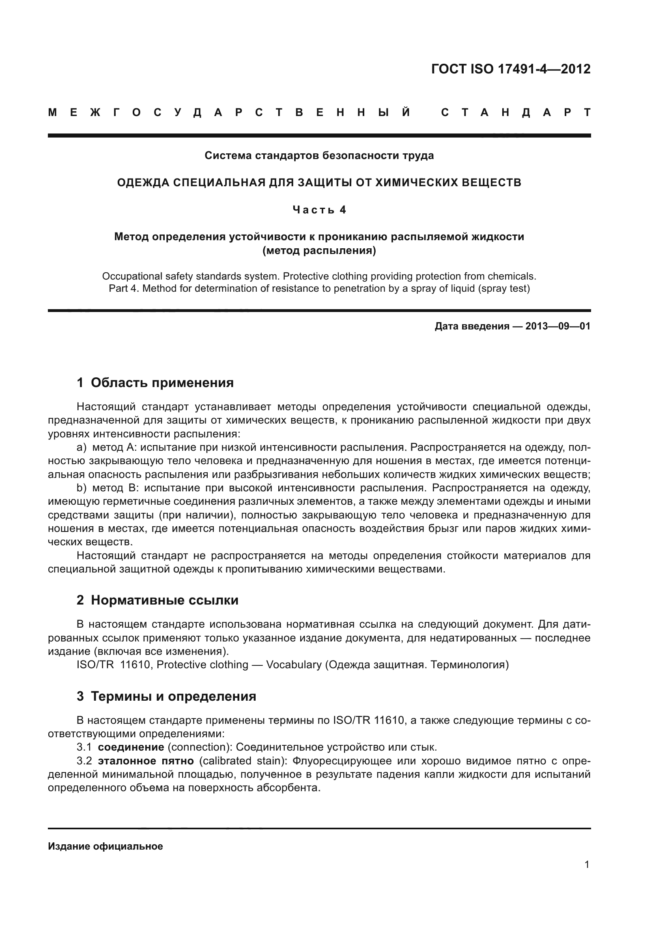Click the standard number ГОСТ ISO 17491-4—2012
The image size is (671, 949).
(511, 69)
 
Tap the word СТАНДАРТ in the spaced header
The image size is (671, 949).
(516, 112)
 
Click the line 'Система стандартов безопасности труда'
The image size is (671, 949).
(319, 156)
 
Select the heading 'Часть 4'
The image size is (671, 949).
(319, 210)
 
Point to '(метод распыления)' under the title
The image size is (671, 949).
(319, 250)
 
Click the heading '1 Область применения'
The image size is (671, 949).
(155, 383)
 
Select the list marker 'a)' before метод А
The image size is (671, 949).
(82, 448)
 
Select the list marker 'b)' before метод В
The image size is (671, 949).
(82, 488)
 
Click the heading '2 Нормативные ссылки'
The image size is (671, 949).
(157, 600)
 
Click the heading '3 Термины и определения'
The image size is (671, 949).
(166, 697)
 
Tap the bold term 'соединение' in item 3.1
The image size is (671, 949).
(131, 747)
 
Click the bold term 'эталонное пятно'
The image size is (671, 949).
(146, 761)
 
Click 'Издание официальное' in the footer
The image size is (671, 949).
(105, 846)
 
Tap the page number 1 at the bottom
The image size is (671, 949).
(587, 865)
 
